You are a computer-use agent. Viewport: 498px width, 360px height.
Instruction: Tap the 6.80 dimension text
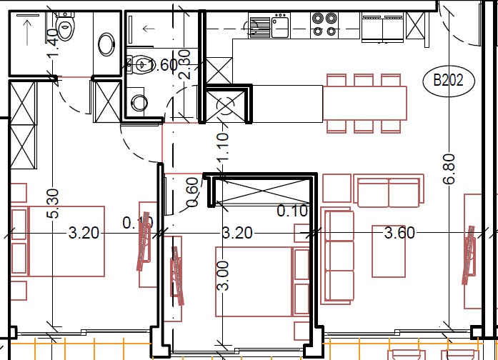pos(449,169)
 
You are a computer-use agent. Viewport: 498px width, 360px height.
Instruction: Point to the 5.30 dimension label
pos(52,204)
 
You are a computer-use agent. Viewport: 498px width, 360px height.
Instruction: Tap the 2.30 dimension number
pos(186,65)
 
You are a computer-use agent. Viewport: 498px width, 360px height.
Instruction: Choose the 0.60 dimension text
pos(191,193)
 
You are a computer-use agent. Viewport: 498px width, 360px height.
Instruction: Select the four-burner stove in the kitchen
pos(325,25)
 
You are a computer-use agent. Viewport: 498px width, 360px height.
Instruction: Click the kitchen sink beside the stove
pos(277,27)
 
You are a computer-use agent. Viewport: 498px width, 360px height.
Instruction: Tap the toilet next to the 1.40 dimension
pos(65,28)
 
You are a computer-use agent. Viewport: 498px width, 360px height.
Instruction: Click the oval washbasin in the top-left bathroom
pos(106,44)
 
